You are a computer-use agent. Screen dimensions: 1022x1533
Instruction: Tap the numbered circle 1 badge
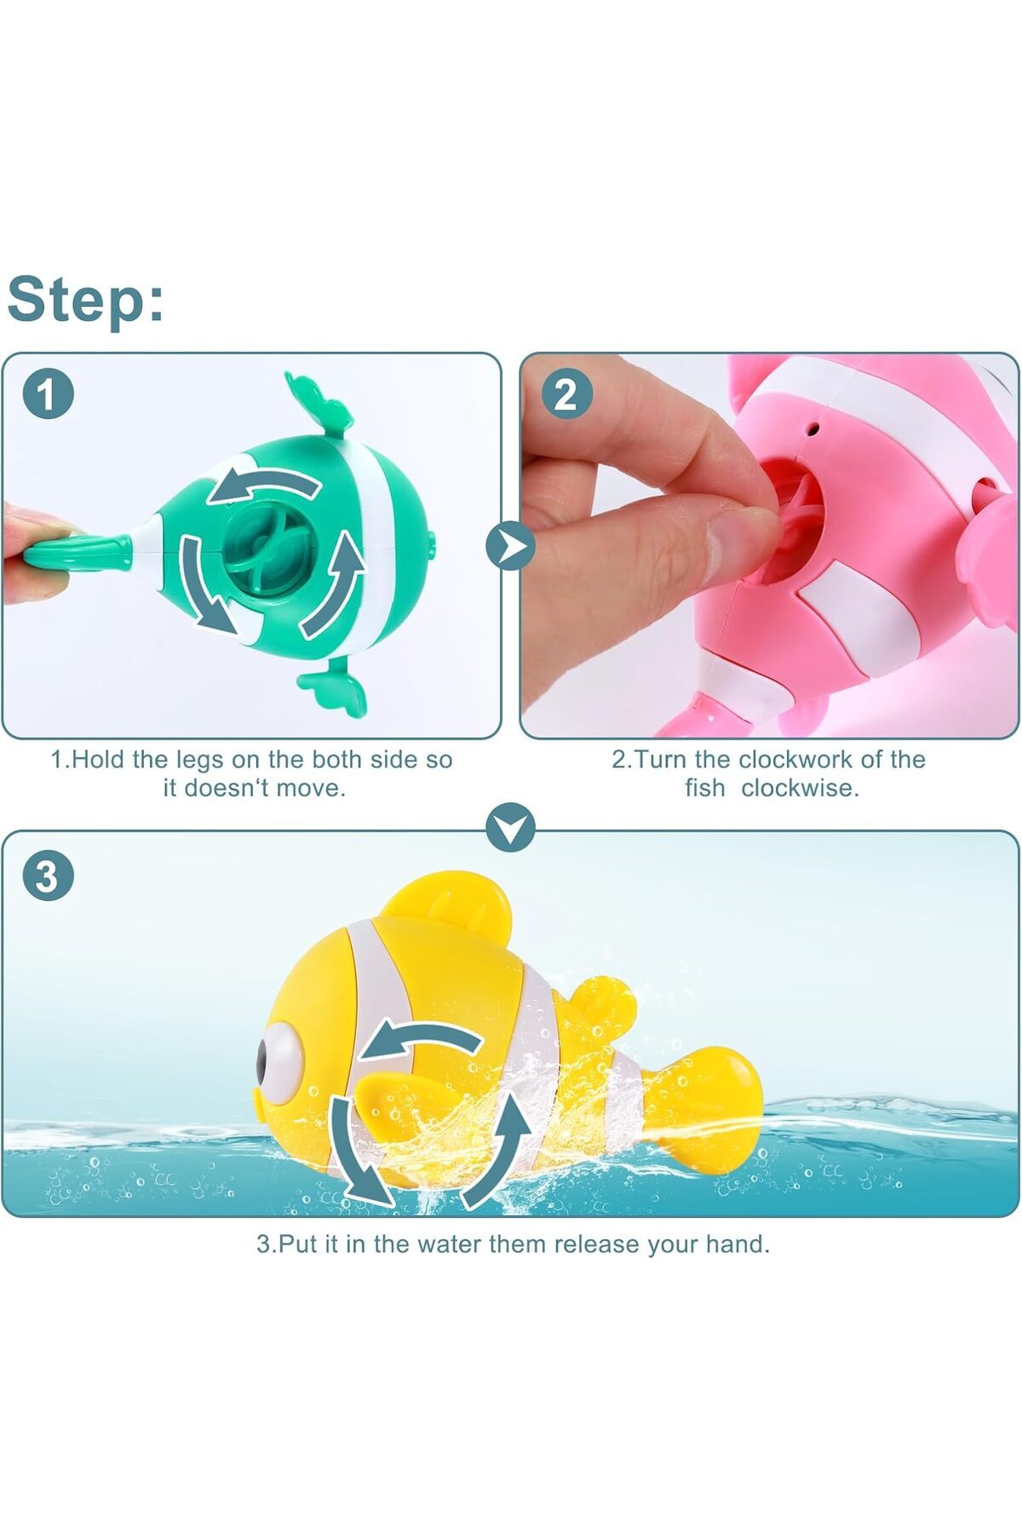(48, 394)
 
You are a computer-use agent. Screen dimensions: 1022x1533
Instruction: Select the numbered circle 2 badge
(566, 394)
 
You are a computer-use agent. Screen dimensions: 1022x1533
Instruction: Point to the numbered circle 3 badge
(48, 876)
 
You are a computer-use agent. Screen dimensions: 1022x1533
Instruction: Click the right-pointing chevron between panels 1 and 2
(510, 546)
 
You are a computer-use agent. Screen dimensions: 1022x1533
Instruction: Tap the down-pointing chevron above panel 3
(510, 827)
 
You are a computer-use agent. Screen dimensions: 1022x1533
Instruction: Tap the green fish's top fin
(318, 401)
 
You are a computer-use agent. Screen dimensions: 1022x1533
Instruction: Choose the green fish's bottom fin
(333, 688)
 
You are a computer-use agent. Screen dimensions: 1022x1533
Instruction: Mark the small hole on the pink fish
(814, 429)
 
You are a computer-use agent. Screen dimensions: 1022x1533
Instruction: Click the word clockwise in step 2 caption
(800, 788)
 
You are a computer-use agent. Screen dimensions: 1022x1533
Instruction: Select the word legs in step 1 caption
(201, 760)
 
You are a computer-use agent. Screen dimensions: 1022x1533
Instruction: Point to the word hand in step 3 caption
(738, 1244)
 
